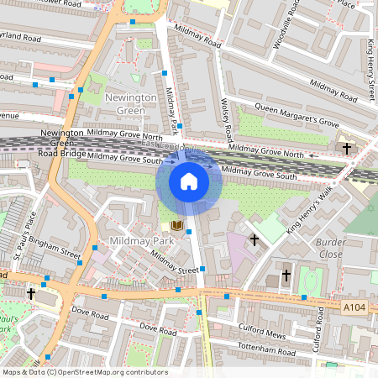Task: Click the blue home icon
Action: click(189, 181)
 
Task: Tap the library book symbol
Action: click(176, 225)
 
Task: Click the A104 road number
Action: click(354, 308)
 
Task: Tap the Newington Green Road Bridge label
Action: click(62, 144)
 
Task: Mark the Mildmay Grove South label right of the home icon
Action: click(259, 173)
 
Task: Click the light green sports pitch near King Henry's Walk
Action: click(270, 228)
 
